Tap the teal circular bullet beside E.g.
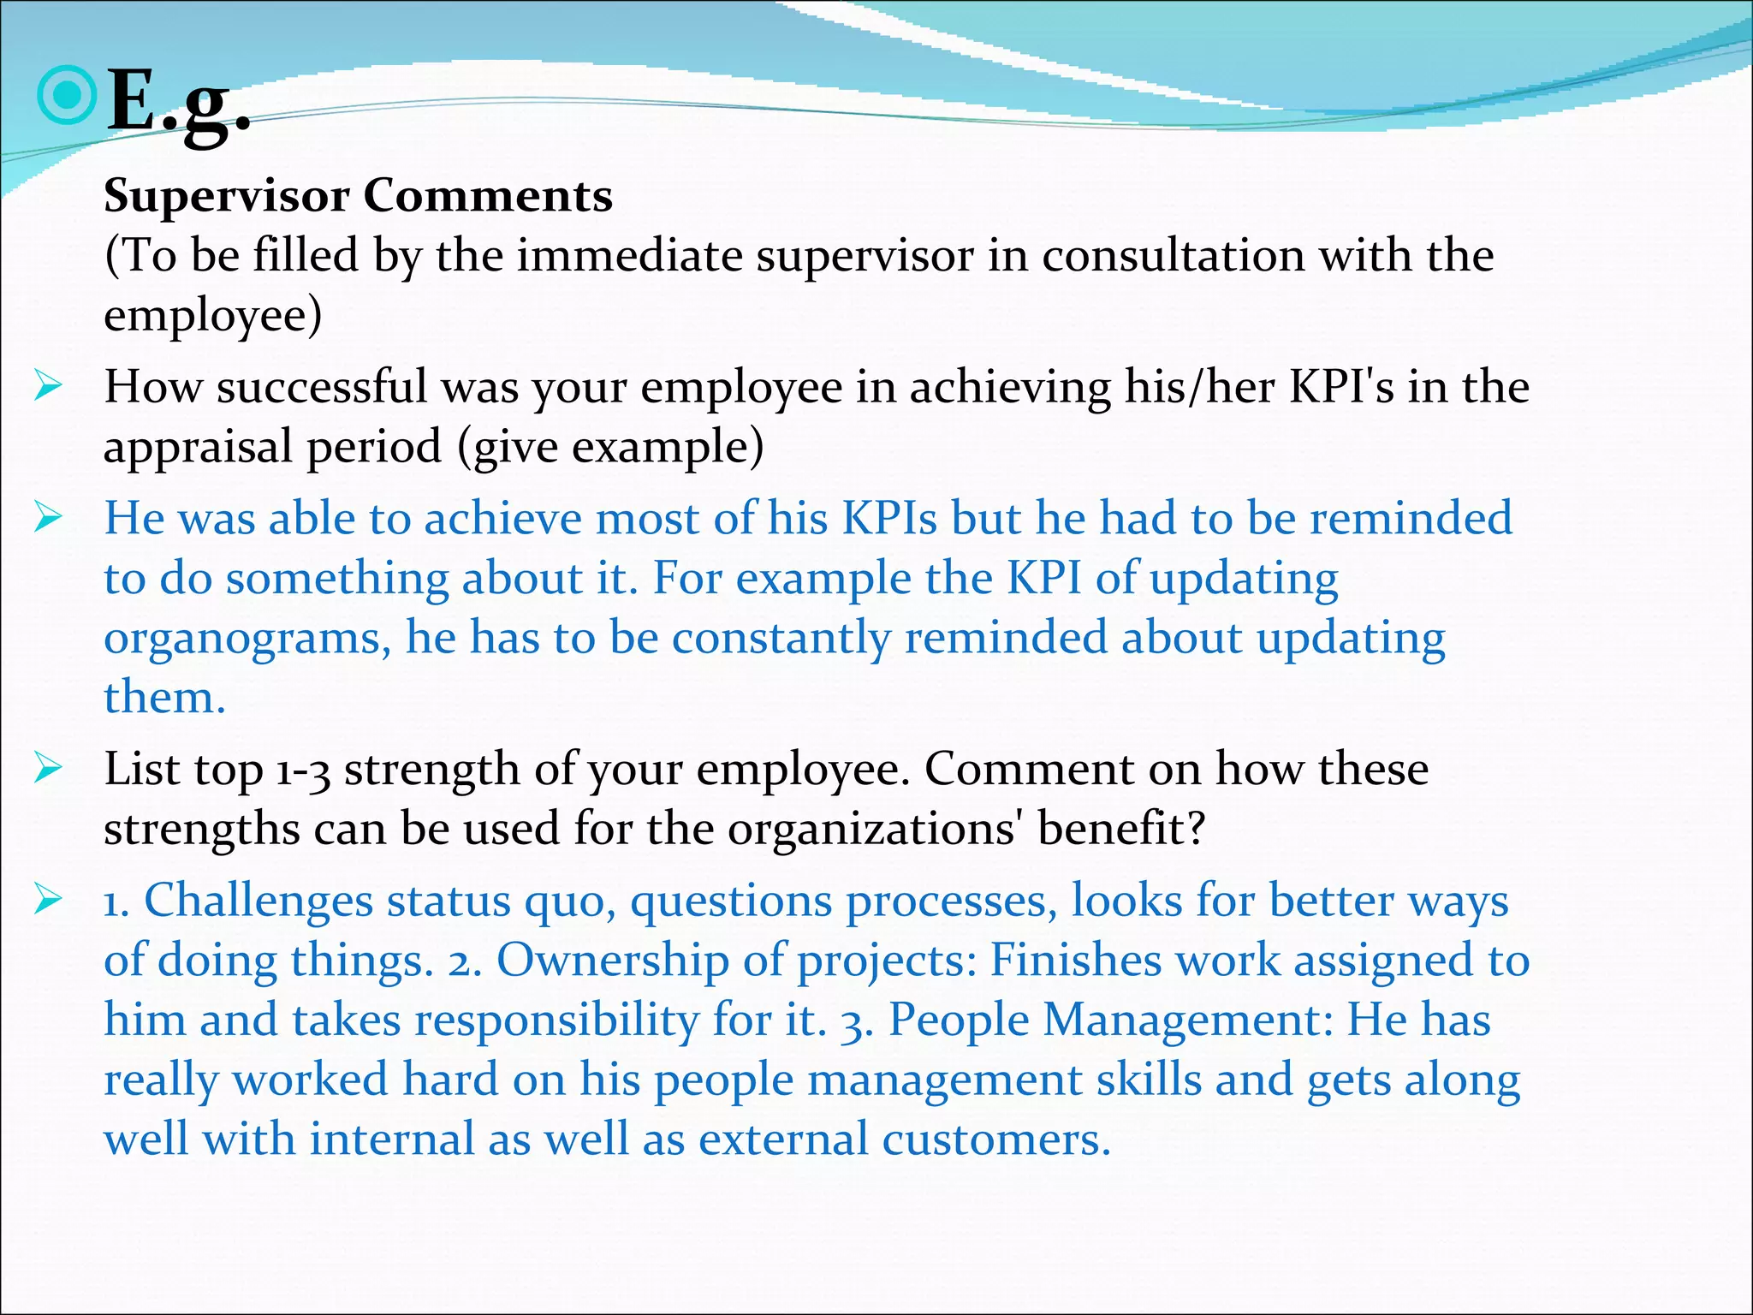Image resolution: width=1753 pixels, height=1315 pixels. click(x=66, y=96)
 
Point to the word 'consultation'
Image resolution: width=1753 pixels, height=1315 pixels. click(x=1173, y=255)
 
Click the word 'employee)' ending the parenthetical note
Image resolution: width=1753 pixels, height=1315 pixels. click(x=213, y=315)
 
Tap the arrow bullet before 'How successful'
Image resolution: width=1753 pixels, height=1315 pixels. click(x=49, y=387)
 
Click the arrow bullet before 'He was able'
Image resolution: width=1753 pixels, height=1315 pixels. click(x=49, y=518)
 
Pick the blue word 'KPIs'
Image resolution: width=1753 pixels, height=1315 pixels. click(x=890, y=518)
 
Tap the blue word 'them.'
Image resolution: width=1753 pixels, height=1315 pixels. click(x=164, y=697)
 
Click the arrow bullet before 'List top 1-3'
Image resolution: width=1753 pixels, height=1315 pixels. click(x=49, y=768)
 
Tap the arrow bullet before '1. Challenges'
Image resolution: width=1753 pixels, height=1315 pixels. click(x=49, y=900)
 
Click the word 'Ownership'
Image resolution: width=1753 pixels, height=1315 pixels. click(x=612, y=961)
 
